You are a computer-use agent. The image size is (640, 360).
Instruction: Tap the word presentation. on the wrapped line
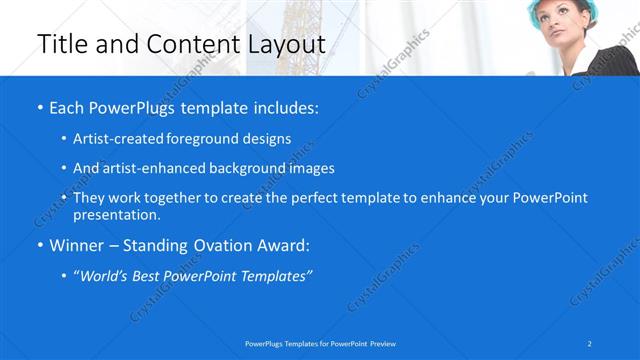click(x=117, y=214)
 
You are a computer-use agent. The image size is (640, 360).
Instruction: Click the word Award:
click(x=282, y=245)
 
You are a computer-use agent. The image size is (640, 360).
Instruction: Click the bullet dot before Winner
click(x=39, y=246)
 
